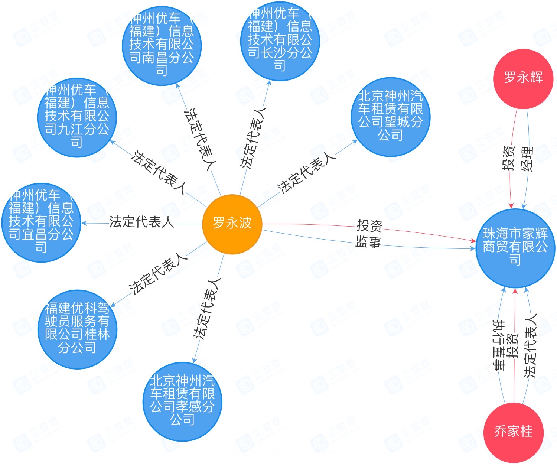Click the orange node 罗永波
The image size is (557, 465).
coord(232,224)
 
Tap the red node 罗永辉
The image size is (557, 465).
coord(523,78)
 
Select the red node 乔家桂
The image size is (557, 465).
coord(514,432)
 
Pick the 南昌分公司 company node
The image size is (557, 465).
coord(162,45)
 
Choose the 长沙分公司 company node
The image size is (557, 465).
coord(280,41)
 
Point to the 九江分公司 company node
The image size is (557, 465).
coord(77,117)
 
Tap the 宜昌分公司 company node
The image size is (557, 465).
coord(41,222)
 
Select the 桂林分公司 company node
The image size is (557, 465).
coord(77,329)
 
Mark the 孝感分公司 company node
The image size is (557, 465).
coord(182,401)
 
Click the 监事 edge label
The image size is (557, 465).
coord(368,242)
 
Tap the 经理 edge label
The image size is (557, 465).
coord(527,159)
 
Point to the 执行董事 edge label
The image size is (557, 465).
coord(499,345)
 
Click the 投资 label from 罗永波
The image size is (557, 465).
coord(369,225)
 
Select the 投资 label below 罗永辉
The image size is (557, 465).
coord(509,159)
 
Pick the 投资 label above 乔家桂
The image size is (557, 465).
coord(514,346)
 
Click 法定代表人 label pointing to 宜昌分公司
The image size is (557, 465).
coord(141,222)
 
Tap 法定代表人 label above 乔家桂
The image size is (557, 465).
coord(530,346)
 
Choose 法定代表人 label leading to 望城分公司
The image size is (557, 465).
coord(307,172)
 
